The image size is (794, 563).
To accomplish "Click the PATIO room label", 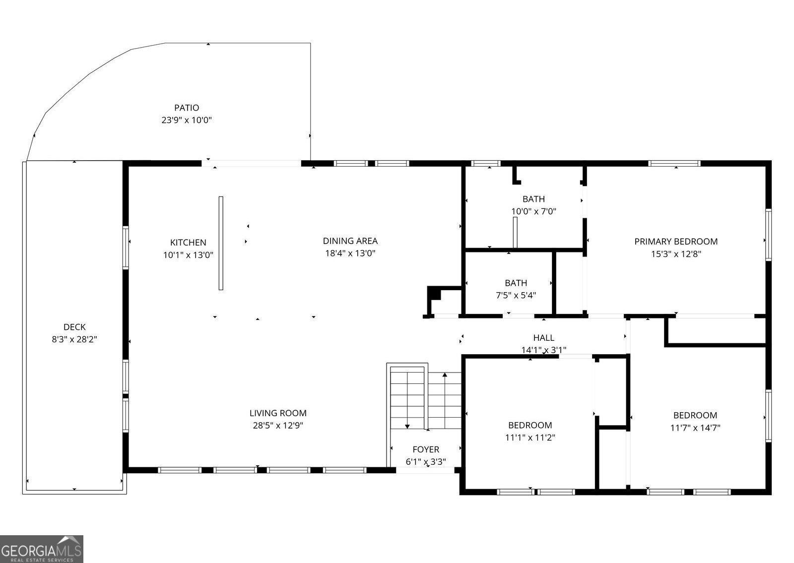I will pyautogui.click(x=187, y=108).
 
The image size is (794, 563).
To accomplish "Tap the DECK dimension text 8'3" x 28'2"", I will pyautogui.click(x=74, y=340).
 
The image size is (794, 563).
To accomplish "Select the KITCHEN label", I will pyautogui.click(x=188, y=243).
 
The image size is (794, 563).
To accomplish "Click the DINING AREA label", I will pyautogui.click(x=350, y=241).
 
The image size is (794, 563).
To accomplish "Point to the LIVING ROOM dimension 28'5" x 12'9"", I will pyautogui.click(x=278, y=426).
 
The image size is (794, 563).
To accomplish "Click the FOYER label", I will pyautogui.click(x=426, y=449).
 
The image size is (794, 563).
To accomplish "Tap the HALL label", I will pyautogui.click(x=543, y=338).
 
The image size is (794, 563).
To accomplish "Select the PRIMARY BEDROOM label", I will pyautogui.click(x=676, y=242).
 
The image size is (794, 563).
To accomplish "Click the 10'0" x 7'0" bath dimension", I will pyautogui.click(x=533, y=211).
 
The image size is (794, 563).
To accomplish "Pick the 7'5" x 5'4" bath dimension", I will pyautogui.click(x=516, y=295).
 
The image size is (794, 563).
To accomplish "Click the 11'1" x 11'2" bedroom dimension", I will pyautogui.click(x=530, y=438).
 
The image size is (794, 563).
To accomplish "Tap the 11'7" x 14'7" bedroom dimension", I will pyautogui.click(x=695, y=428).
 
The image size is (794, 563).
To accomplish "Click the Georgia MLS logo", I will pyautogui.click(x=42, y=549).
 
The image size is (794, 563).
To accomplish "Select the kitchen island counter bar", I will pyautogui.click(x=221, y=243).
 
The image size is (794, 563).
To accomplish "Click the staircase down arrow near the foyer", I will pyautogui.click(x=407, y=426).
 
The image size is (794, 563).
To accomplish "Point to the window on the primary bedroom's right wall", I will pyautogui.click(x=768, y=235).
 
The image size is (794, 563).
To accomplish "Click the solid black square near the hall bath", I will pyautogui.click(x=435, y=294).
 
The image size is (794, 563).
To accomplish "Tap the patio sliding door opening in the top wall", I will pyautogui.click(x=252, y=163).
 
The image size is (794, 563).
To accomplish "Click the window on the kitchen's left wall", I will pyautogui.click(x=126, y=248).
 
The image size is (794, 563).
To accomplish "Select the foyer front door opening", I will pyautogui.click(x=425, y=470).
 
